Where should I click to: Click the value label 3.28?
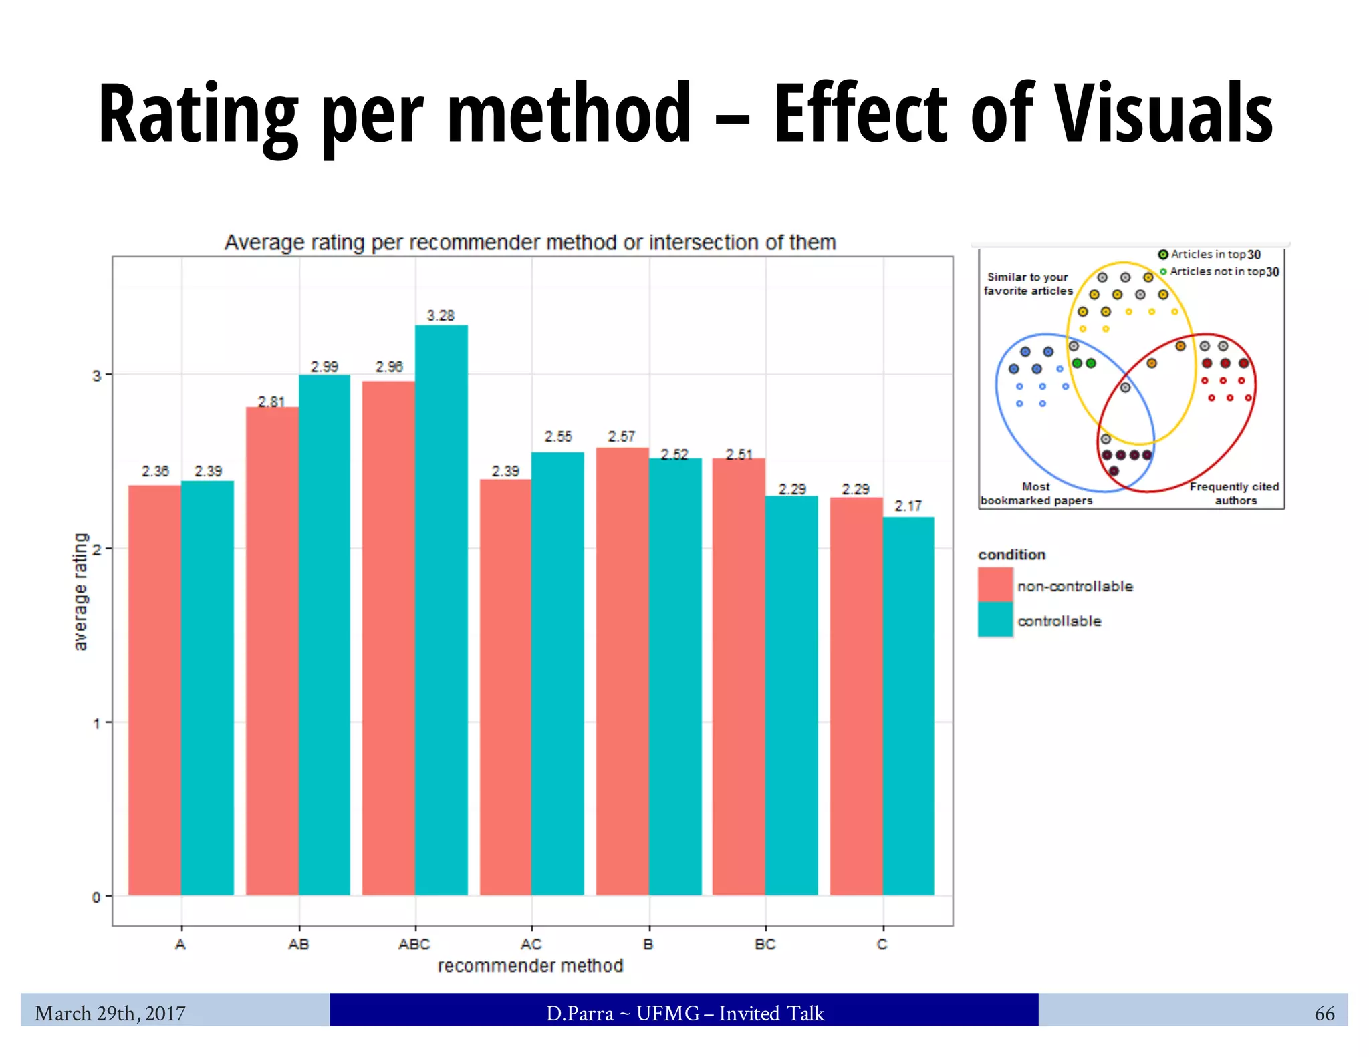pyautogui.click(x=441, y=315)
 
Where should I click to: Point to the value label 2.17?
pyautogui.click(x=908, y=506)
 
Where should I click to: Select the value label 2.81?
pyautogui.click(x=271, y=402)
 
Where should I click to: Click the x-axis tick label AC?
pyautogui.click(x=531, y=944)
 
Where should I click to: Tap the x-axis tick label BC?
pyautogui.click(x=765, y=944)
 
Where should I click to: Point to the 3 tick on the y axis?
pyautogui.click(x=97, y=375)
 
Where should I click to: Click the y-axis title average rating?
pyautogui.click(x=80, y=591)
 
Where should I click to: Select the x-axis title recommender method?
pyautogui.click(x=530, y=965)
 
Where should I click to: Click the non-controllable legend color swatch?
pyautogui.click(x=995, y=585)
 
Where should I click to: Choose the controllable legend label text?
pyautogui.click(x=1059, y=621)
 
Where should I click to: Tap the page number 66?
pyautogui.click(x=1324, y=1014)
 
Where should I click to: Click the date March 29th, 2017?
pyautogui.click(x=110, y=1014)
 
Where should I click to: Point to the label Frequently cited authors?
pyautogui.click(x=1234, y=494)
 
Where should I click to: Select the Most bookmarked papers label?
pyautogui.click(x=1036, y=494)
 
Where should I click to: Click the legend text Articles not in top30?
pyautogui.click(x=1223, y=271)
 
